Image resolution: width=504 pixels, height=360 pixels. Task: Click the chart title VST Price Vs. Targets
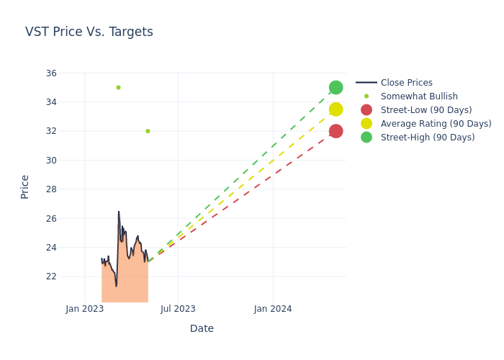(x=89, y=32)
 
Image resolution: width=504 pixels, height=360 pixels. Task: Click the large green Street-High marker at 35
(x=336, y=87)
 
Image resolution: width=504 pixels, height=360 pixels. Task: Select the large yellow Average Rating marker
(x=336, y=109)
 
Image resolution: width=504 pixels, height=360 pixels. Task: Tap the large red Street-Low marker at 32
(x=336, y=131)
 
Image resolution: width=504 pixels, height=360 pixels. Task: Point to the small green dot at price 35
(x=118, y=88)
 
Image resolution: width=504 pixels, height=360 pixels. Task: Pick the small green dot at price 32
(x=148, y=131)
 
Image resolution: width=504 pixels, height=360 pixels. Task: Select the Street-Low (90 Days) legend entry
(x=426, y=110)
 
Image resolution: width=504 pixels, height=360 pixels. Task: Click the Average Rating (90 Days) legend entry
(x=436, y=124)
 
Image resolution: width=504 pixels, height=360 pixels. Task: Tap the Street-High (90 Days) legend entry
(x=428, y=138)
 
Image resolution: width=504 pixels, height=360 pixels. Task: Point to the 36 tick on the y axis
(x=51, y=73)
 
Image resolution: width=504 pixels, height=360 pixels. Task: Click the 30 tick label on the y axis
(x=51, y=161)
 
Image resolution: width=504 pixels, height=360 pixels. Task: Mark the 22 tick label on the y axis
(x=51, y=276)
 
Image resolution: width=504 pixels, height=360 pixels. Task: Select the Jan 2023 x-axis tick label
(x=85, y=309)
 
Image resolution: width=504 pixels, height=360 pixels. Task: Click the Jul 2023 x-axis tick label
(x=178, y=309)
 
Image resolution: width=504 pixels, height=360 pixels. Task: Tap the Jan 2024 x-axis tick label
(x=273, y=309)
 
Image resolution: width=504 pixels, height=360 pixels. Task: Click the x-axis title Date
(x=202, y=328)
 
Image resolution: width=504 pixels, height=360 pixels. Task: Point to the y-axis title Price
(x=25, y=186)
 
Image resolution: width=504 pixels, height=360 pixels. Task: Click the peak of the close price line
(x=119, y=212)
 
